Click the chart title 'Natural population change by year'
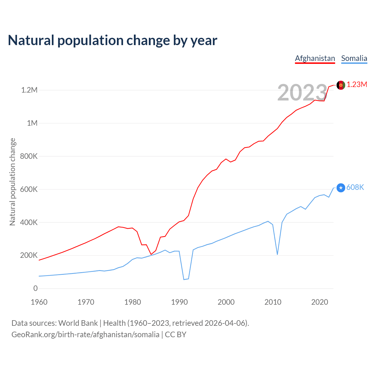112,40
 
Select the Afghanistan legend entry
315,58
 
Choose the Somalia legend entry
354,58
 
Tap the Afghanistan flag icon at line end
341,85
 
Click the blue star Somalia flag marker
341,187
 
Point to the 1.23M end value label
357,85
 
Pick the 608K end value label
355,187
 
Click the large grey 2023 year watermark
302,93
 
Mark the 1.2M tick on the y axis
29,90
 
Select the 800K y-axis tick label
29,156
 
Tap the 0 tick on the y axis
35,288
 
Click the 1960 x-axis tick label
39,302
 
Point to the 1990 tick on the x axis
179,302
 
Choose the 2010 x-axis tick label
273,302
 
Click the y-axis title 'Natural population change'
12,182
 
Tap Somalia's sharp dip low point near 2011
277,254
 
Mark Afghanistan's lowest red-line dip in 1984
151,254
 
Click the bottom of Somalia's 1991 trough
184,279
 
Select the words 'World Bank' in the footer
78,323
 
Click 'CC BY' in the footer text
175,335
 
